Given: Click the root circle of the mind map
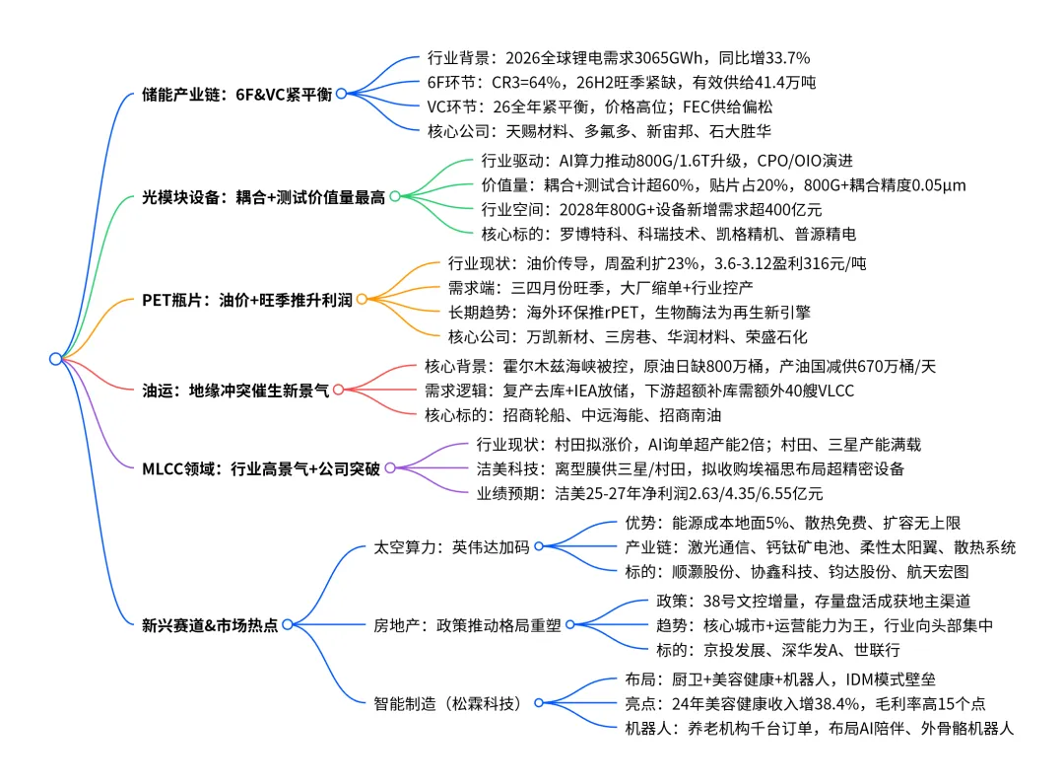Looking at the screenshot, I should pos(55,359).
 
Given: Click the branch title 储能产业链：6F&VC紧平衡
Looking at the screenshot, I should pos(236,94).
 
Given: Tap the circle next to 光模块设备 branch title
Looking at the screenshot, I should pos(394,196).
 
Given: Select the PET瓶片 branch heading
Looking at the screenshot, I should pos(246,300).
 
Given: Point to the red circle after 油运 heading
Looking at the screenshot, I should pos(338,390).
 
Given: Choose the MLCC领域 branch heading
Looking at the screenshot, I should pos(260,468).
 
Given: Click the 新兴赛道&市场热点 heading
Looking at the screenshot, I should pos(210,624).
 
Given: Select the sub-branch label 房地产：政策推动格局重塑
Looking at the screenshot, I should pos(467,624).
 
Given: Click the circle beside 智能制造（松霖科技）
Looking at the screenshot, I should pos(539,703).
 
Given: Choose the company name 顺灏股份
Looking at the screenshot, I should pos(703,572).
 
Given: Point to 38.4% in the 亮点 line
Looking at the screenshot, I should pos(839,703).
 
